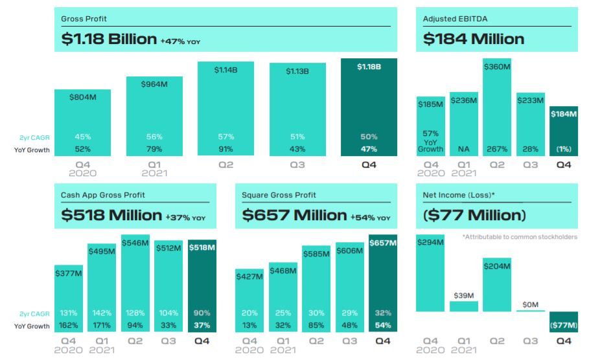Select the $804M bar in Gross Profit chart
coord(82,123)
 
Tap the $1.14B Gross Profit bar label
coord(225,69)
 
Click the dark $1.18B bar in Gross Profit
coord(369,107)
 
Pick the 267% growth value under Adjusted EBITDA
coord(497,149)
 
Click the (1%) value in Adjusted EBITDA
coord(563,149)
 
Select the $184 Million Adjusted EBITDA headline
coord(473,39)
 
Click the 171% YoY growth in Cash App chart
coord(102,325)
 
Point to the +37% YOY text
coord(185,218)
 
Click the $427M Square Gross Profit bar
coord(249,300)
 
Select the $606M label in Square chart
coord(349,251)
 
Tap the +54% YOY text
coord(371,218)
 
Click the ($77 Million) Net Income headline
coord(474,215)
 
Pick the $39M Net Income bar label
coord(463,296)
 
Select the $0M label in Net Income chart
coord(530,304)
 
